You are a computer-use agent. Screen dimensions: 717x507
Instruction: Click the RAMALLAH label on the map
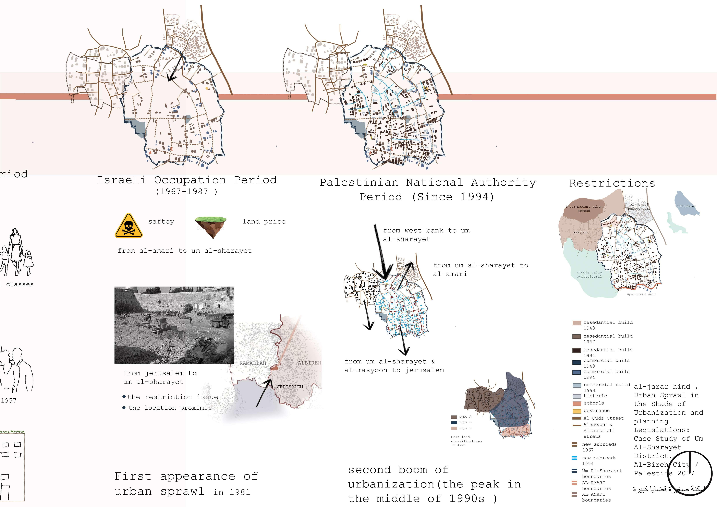click(x=253, y=363)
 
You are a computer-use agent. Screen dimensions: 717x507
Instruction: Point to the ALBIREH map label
click(x=309, y=363)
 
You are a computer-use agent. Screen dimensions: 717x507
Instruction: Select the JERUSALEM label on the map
click(x=290, y=387)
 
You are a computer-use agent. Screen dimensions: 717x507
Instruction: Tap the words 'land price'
click(x=264, y=221)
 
